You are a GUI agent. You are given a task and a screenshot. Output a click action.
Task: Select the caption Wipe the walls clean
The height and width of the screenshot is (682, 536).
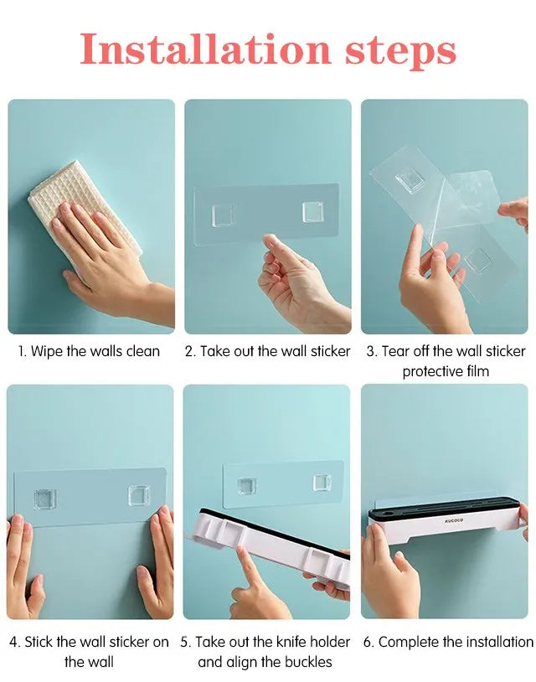(89, 351)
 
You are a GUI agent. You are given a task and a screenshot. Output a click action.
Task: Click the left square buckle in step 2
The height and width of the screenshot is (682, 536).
(224, 215)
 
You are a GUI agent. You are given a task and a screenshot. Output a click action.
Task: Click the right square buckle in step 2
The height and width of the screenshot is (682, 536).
(313, 211)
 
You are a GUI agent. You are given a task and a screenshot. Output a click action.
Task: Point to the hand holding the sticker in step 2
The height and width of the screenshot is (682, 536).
(293, 276)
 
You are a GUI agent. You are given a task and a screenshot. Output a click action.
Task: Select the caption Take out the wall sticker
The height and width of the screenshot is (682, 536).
(267, 351)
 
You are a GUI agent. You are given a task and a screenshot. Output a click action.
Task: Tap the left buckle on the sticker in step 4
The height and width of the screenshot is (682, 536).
(45, 499)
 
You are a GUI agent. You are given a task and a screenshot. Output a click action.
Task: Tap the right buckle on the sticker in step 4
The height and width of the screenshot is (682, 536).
(139, 496)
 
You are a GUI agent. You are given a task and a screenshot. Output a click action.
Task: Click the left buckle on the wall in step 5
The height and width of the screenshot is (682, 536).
(246, 486)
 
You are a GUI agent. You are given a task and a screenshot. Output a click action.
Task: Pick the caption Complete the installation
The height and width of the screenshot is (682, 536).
(448, 642)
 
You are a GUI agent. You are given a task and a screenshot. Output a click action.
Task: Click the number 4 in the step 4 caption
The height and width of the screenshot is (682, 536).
(14, 642)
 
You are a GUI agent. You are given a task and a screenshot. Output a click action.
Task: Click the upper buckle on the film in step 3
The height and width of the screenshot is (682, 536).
(410, 178)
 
